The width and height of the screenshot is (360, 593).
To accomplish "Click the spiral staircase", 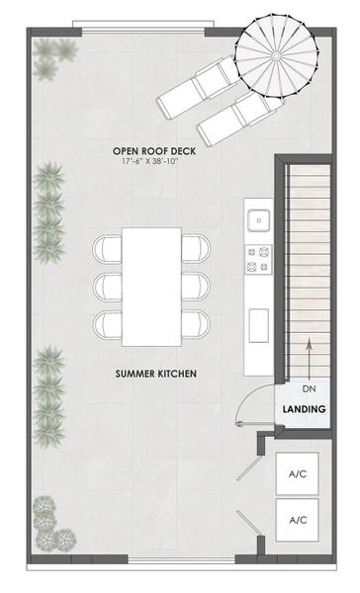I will coord(272,57).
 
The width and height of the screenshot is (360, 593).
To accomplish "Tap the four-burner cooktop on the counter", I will coord(259,259).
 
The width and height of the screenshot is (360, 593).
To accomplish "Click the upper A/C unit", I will coord(298,474).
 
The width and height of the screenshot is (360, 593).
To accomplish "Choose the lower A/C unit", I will coord(298,519).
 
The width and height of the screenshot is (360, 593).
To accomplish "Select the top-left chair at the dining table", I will coord(106,248).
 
